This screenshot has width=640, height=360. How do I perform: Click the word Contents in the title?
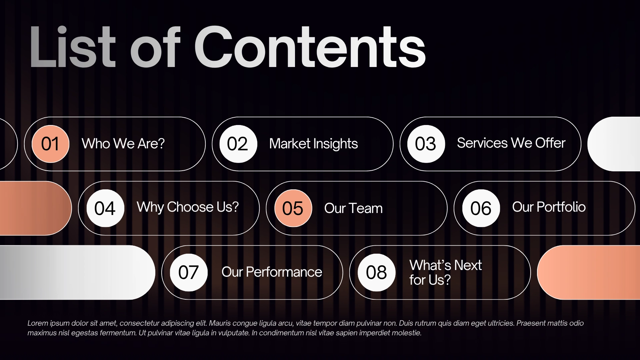pyautogui.click(x=310, y=47)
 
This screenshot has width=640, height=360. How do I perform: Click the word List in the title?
pyautogui.click(x=72, y=47)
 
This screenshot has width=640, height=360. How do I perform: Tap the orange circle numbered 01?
pyautogui.click(x=50, y=144)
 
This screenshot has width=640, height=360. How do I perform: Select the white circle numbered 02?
pyautogui.click(x=238, y=144)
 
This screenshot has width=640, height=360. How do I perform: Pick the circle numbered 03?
pyautogui.click(x=426, y=144)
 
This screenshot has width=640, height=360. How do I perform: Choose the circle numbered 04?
pyautogui.click(x=105, y=208)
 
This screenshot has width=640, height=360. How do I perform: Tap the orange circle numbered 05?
pyautogui.click(x=293, y=208)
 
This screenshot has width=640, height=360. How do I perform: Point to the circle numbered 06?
pyautogui.click(x=481, y=208)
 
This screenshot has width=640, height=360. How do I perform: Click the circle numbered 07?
pyautogui.click(x=189, y=273)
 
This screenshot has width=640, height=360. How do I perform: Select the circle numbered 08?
pyautogui.click(x=377, y=273)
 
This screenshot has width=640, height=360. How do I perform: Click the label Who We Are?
pyautogui.click(x=123, y=144)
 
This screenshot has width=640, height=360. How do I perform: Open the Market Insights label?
pyautogui.click(x=313, y=144)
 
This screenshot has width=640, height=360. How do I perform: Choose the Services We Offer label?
pyautogui.click(x=511, y=143)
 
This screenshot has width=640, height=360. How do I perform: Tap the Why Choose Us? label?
pyautogui.click(x=188, y=207)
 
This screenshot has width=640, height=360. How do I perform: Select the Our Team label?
pyautogui.click(x=353, y=208)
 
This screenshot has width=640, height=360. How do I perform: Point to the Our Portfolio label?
pyautogui.click(x=549, y=207)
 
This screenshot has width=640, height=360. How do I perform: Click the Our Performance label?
pyautogui.click(x=272, y=272)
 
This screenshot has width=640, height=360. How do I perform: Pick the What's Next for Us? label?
pyautogui.click(x=445, y=273)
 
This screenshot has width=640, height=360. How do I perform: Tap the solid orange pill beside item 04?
pyautogui.click(x=35, y=208)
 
